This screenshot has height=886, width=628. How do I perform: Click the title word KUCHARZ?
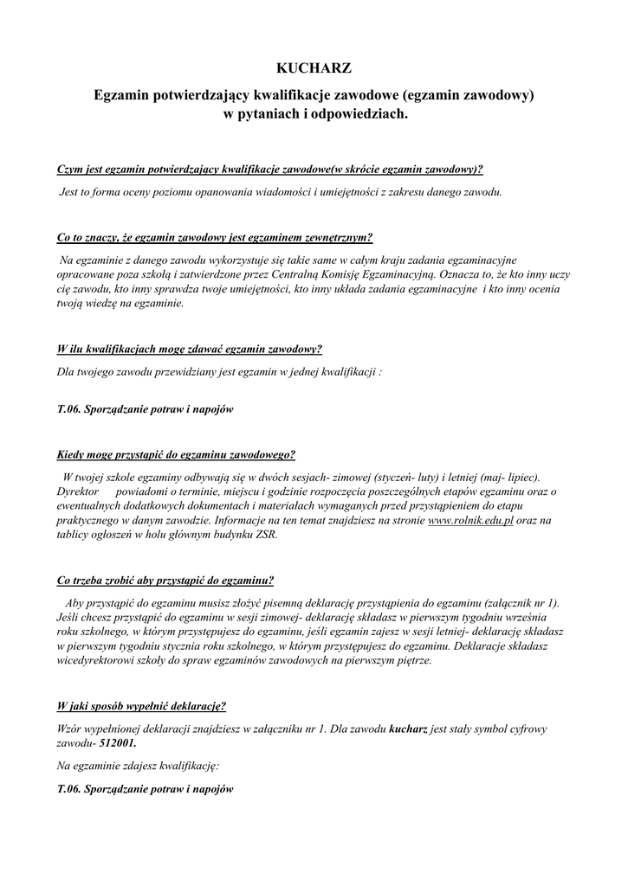pos(314,67)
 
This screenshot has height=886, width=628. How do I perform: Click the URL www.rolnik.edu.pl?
pos(471,520)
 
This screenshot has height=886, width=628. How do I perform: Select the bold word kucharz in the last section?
pos(409,729)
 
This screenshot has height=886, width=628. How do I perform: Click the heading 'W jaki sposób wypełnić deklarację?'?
pos(141,705)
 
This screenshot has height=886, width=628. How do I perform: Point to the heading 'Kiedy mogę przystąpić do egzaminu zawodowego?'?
pos(175,453)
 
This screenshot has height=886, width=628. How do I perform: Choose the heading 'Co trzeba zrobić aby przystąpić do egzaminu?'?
pos(165,580)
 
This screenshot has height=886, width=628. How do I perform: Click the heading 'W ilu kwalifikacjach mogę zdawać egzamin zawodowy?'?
pos(189,350)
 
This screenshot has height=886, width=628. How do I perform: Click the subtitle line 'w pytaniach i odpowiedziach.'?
pos(314,113)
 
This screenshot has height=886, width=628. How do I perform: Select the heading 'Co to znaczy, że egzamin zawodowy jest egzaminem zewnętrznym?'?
pos(214,237)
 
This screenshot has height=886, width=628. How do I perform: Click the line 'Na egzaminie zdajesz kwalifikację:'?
pos(138,766)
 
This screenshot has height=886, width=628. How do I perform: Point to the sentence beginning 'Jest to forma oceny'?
pos(280,190)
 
